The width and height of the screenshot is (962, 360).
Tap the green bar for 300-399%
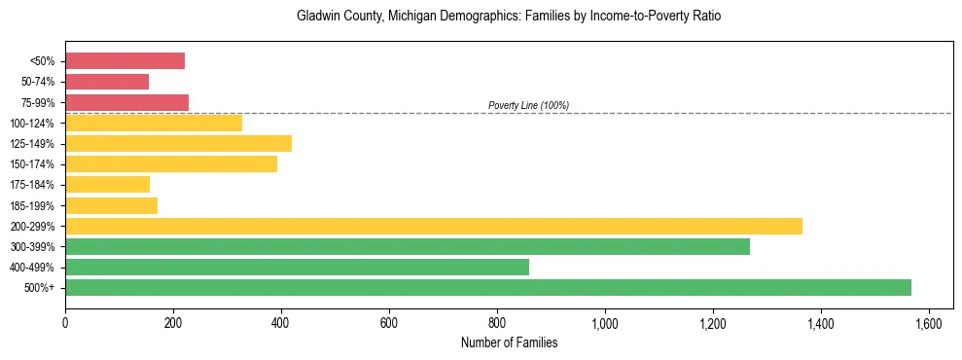point(408,246)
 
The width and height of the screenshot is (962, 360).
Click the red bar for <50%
point(125,61)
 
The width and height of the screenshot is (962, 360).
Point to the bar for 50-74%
point(107,82)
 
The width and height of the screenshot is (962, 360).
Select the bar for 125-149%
point(178,144)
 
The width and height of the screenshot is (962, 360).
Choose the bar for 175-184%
point(107,185)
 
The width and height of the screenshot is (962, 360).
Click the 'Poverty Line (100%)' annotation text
point(528,105)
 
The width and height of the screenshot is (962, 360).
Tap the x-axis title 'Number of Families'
point(509,342)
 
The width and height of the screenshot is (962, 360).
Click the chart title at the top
point(509,17)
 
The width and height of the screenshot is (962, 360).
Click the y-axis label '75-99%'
point(38,103)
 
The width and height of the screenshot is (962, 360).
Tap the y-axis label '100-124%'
point(33,124)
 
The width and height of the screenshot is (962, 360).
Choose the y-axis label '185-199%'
point(33,206)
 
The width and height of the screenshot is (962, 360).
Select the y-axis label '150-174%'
point(33,164)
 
